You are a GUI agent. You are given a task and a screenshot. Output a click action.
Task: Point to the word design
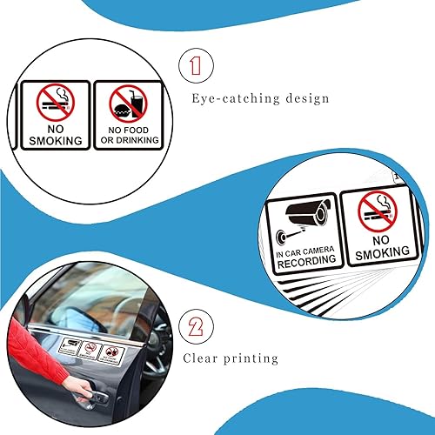point(310,97)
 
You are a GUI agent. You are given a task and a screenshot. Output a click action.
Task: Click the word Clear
point(202,358)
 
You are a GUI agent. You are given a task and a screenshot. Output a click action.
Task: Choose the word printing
point(252,358)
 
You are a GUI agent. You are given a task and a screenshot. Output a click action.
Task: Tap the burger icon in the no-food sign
point(121,111)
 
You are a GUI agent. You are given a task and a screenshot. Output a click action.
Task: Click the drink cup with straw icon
point(134,100)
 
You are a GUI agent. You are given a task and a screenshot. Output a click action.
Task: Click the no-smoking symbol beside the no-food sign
point(56,104)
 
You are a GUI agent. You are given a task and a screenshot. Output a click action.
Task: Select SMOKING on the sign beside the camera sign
point(377,253)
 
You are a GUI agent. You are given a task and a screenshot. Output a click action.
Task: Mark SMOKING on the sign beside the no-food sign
point(56,140)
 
